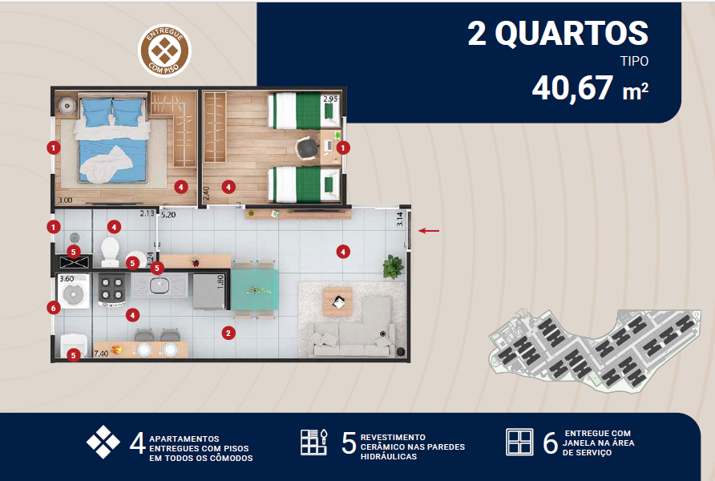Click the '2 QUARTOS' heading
(x=558, y=34)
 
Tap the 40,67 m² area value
(x=590, y=88)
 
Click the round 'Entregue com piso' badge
(x=164, y=51)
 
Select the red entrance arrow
(x=429, y=231)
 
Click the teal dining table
(x=254, y=289)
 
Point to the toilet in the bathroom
(x=110, y=251)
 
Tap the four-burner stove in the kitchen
(x=111, y=289)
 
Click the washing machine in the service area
(x=74, y=291)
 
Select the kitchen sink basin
(x=160, y=286)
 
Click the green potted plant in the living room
(x=393, y=266)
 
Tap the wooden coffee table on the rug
(x=337, y=301)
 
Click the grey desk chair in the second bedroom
(x=307, y=148)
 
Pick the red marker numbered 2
(x=228, y=333)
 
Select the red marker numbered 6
(x=54, y=308)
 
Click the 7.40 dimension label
(x=101, y=354)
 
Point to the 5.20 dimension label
(x=168, y=215)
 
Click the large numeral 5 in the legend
(x=349, y=443)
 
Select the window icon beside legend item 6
(x=519, y=442)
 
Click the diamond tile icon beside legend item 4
(x=103, y=442)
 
